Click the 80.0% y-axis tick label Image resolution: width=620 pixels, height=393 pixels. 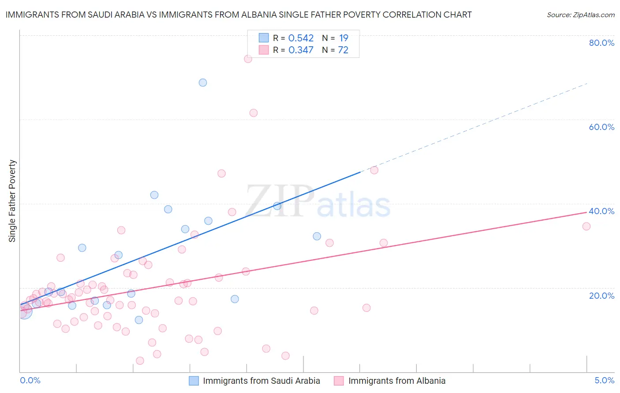601,43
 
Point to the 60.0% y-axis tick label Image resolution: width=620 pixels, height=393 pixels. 601,127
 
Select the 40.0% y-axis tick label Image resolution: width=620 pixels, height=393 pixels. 601,211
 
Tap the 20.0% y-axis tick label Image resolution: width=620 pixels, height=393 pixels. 601,295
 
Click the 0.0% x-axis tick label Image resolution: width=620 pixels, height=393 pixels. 30,380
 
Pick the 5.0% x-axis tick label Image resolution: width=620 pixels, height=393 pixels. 604,380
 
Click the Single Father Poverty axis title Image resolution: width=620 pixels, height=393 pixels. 12,201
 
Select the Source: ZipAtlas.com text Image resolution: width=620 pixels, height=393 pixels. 580,15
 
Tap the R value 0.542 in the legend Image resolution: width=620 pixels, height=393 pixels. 301,38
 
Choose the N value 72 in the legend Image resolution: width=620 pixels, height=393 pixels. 343,50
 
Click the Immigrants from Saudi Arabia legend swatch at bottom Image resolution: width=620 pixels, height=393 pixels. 194,381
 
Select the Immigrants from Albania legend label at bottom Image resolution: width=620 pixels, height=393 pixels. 397,381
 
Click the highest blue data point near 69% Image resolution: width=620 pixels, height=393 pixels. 203,82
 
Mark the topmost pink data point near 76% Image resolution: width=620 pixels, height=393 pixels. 248,59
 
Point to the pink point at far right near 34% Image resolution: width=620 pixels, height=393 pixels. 586,226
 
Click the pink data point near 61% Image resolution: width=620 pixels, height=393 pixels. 253,113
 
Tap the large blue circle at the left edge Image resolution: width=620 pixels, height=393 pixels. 24,311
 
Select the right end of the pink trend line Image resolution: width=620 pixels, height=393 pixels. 586,212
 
